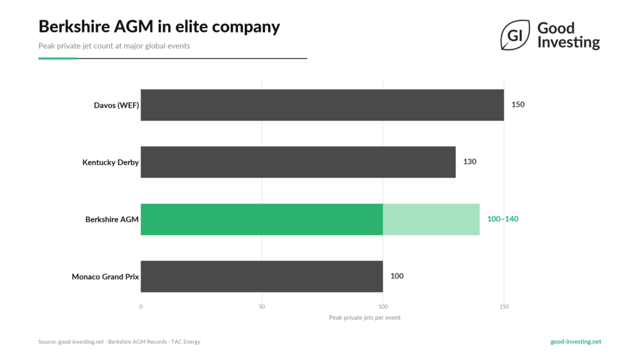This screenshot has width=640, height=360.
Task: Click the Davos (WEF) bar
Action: pyautogui.click(x=322, y=105)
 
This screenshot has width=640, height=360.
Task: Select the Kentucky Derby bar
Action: pyautogui.click(x=298, y=162)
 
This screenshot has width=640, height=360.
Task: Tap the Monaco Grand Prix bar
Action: pyautogui.click(x=261, y=276)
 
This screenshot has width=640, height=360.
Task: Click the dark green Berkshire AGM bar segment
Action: pyautogui.click(x=261, y=219)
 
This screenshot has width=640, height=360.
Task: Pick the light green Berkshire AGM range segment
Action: pyautogui.click(x=431, y=219)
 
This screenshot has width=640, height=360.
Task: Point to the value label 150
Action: pyautogui.click(x=518, y=105)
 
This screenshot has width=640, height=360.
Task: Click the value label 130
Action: pyautogui.click(x=469, y=162)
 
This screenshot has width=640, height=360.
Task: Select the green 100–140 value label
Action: pyautogui.click(x=502, y=219)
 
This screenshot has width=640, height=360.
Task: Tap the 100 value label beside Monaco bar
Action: pyautogui.click(x=397, y=276)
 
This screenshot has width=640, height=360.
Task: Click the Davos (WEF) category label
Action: pyautogui.click(x=112, y=105)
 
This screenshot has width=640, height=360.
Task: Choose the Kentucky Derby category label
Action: pyautogui.click(x=111, y=162)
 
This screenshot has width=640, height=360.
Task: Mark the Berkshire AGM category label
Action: pyautogui.click(x=112, y=219)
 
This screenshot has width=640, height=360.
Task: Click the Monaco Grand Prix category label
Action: pyautogui.click(x=105, y=276)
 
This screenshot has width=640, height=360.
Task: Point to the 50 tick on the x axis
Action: pyautogui.click(x=262, y=307)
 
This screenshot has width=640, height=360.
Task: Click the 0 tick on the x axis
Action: pyautogui.click(x=141, y=307)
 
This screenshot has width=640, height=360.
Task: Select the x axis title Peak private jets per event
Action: pyautogui.click(x=364, y=317)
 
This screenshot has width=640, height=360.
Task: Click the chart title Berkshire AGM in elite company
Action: pyautogui.click(x=159, y=26)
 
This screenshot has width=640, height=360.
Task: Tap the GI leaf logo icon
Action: pyautogui.click(x=515, y=36)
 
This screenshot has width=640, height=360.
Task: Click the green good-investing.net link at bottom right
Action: pyautogui.click(x=576, y=342)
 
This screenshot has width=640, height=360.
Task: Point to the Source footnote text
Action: pyautogui.click(x=119, y=342)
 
